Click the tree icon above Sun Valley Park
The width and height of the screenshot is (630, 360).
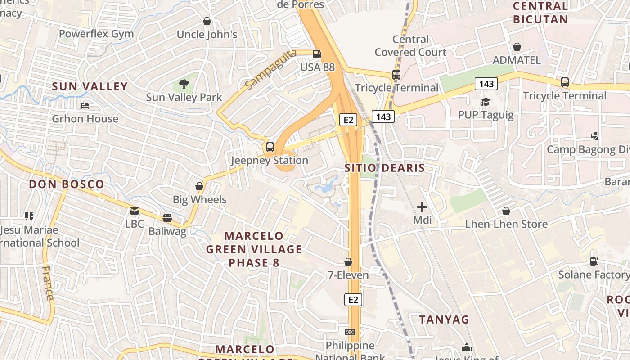[184, 83]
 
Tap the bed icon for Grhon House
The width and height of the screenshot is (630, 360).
[85, 106]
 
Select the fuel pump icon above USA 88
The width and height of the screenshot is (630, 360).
[317, 54]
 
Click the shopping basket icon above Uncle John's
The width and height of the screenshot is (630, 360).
[207, 21]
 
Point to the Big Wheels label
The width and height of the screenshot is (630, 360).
[199, 199]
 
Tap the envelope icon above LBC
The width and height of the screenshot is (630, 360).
[134, 211]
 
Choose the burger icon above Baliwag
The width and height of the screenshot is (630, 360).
[167, 218]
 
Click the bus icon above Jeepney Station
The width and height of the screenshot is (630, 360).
[270, 147]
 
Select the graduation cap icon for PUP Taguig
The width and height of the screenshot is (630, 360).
[485, 102]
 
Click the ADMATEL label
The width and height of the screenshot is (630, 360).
[517, 60]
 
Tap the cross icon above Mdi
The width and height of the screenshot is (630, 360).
[422, 207]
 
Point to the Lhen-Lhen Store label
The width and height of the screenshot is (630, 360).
[506, 224]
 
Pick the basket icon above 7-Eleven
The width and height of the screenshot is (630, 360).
[348, 262]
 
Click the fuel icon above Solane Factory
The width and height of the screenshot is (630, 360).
[594, 261]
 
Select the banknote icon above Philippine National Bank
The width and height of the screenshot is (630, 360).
[350, 332]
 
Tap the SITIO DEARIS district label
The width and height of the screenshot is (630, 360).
[384, 168]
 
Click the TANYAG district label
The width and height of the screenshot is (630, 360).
[444, 319]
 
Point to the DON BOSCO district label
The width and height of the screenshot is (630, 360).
[67, 184]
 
